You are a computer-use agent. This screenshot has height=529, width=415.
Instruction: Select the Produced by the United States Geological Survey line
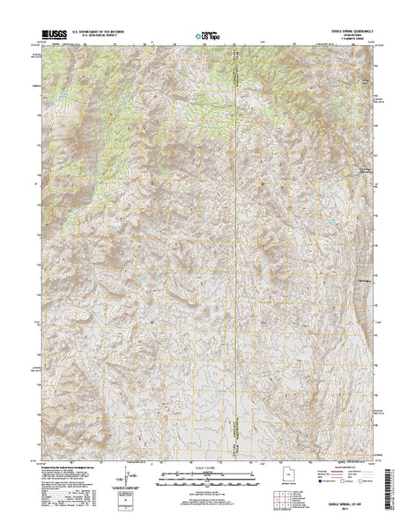click(x=70, y=466)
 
